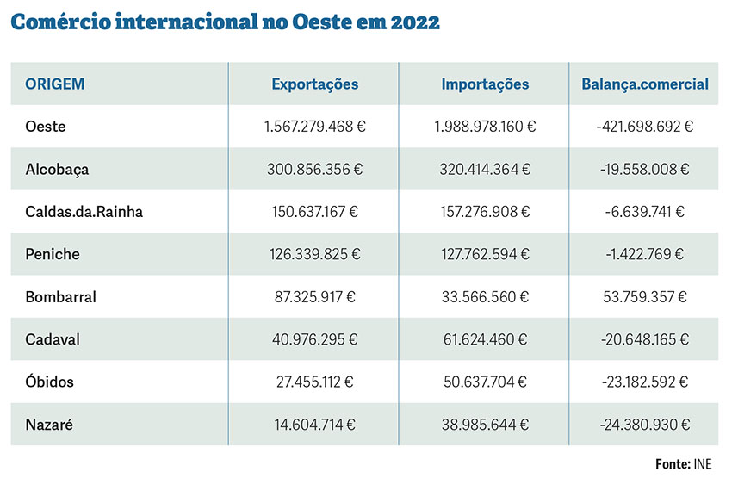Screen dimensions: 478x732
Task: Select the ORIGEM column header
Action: click(x=55, y=84)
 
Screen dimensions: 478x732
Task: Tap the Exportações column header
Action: click(x=315, y=84)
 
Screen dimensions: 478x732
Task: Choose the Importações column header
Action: click(x=485, y=84)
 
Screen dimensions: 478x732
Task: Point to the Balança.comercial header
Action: click(x=645, y=84)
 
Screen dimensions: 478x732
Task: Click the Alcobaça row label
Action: click(x=57, y=170)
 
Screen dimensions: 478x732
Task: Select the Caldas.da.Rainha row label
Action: click(x=84, y=212)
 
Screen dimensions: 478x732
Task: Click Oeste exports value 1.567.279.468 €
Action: click(x=315, y=127)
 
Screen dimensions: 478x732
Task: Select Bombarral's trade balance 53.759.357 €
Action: click(x=645, y=297)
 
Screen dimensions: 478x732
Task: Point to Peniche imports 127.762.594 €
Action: click(x=485, y=254)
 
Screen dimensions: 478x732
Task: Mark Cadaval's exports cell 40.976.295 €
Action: click(x=315, y=339)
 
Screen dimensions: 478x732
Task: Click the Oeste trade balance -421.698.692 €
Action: click(x=645, y=127)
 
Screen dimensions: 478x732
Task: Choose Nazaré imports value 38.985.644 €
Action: click(x=485, y=424)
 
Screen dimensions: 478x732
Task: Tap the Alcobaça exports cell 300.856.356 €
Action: click(x=315, y=170)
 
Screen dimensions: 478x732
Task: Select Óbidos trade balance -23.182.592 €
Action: click(x=645, y=382)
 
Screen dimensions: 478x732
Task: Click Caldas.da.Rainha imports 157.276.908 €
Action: click(x=485, y=212)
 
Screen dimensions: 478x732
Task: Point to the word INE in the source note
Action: click(x=703, y=464)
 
